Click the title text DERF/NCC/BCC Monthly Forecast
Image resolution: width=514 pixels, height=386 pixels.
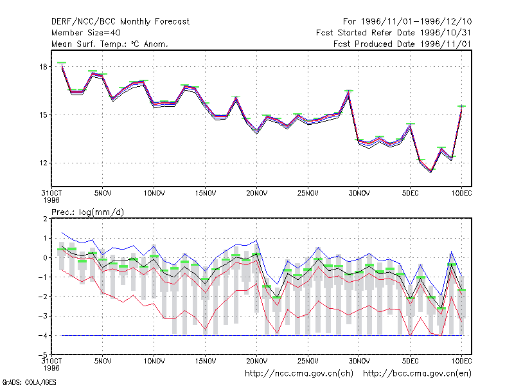coord(120,22)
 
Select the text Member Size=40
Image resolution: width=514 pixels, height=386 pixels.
coord(86,33)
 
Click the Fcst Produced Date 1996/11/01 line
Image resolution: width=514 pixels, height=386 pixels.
coord(402,44)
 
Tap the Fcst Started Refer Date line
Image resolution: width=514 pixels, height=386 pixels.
coord(393,33)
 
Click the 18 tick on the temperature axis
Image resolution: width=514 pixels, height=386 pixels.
coord(44,67)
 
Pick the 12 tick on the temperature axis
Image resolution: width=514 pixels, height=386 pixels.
coord(44,163)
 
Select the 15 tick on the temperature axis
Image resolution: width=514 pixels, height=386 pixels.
coord(44,115)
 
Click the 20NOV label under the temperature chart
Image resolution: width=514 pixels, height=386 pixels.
coord(256,194)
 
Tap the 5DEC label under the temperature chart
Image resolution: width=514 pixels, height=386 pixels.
coord(410,194)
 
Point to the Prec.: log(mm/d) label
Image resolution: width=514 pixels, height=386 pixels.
coord(87,212)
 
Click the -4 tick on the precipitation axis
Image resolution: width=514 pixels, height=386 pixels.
coord(42,336)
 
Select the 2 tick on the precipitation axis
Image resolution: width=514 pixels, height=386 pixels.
coord(45,219)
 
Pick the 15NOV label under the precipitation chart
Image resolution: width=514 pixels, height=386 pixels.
coord(205,361)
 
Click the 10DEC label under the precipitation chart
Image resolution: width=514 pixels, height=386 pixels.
coord(461,361)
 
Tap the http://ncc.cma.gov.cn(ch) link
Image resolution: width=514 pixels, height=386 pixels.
coord(299,374)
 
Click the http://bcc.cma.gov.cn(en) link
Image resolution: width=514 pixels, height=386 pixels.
coord(417,374)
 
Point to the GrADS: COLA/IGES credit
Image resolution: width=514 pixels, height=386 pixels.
coord(29,382)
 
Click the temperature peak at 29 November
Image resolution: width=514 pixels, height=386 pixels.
coord(349,91)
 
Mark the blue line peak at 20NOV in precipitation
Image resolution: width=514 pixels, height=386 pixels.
coord(256,240)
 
